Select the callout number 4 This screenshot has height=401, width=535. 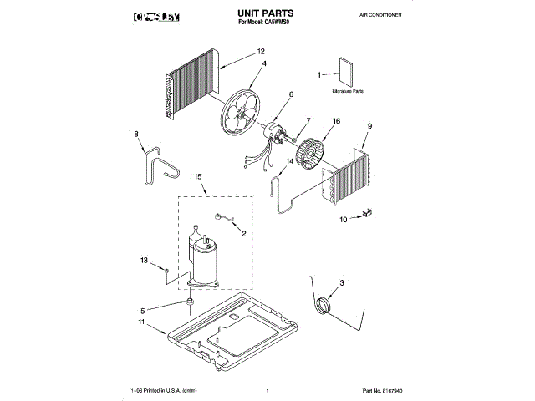264,64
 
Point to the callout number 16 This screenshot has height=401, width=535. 337,121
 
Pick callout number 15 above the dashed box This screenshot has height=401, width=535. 198,177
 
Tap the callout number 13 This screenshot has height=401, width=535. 144,261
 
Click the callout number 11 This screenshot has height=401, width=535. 142,322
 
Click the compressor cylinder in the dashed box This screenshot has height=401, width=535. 205,263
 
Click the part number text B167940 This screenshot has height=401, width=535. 382,390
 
